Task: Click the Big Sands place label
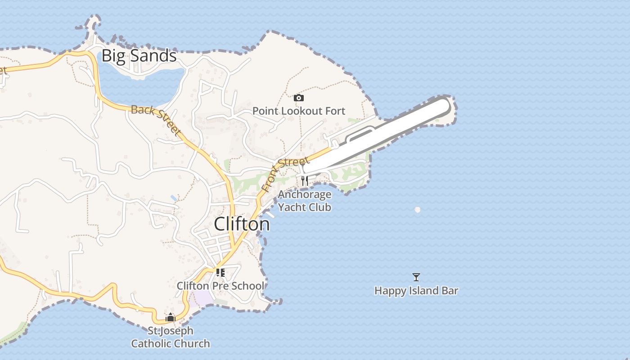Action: pos(139,56)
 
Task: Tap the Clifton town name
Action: pos(242,224)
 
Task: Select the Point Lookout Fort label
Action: pos(298,111)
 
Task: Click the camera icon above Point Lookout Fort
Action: pos(298,98)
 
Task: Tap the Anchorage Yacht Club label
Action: pos(305,201)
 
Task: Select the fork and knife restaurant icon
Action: pos(305,181)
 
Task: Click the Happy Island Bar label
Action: pos(416,291)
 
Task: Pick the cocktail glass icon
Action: pos(416,277)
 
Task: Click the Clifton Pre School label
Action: pos(220,286)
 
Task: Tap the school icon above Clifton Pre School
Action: pos(220,272)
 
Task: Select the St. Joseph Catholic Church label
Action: pos(171,337)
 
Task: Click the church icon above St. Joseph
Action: pos(170,317)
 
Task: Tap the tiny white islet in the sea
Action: pos(418,210)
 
